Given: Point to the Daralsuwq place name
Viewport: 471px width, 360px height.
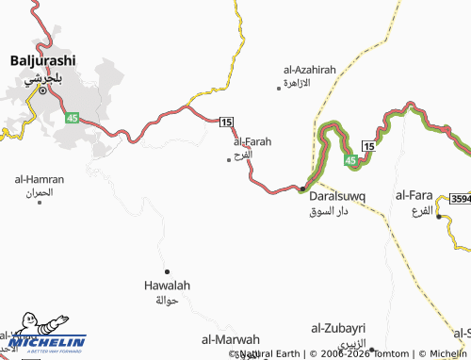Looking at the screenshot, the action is [x=337, y=197].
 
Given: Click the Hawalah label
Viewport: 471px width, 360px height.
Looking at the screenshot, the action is [x=166, y=285].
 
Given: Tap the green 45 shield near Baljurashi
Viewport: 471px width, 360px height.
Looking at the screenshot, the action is [x=72, y=117].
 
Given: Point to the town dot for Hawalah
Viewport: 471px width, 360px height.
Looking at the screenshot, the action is [x=167, y=271].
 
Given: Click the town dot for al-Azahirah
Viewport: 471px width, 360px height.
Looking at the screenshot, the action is [x=279, y=87].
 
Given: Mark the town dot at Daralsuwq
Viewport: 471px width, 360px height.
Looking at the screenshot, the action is [x=301, y=189].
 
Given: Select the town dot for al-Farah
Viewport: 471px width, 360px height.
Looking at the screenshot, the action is [x=229, y=159].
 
